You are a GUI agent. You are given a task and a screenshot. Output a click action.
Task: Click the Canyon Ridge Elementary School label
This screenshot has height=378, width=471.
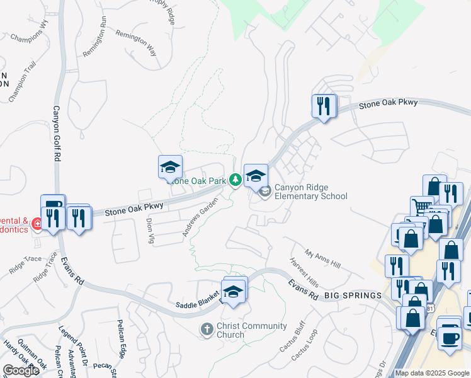[310, 192]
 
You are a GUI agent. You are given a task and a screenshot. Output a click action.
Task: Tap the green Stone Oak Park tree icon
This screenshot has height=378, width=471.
[235, 181]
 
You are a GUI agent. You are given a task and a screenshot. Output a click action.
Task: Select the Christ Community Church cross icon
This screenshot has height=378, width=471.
[206, 329]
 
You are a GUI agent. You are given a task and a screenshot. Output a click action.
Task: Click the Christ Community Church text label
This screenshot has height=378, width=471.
[251, 330]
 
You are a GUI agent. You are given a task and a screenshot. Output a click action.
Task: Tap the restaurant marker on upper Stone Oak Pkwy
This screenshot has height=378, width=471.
[323, 106]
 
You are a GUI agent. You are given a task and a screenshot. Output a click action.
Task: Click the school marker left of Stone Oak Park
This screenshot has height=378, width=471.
[169, 168]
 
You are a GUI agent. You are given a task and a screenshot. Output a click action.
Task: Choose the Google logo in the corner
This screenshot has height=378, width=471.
[21, 370]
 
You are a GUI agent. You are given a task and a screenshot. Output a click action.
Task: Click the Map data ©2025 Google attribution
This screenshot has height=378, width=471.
[433, 373]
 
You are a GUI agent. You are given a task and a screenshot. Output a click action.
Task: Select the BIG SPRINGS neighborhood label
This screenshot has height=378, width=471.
[353, 295]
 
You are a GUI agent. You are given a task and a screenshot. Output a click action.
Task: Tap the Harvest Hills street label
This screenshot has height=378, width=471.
[304, 274]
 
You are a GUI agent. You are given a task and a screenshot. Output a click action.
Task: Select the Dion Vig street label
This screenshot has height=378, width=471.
[150, 231]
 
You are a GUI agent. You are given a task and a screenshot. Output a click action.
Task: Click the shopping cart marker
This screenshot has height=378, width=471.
[421, 207]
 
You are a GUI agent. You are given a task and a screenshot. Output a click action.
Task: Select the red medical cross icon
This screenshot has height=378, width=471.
[37, 224]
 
